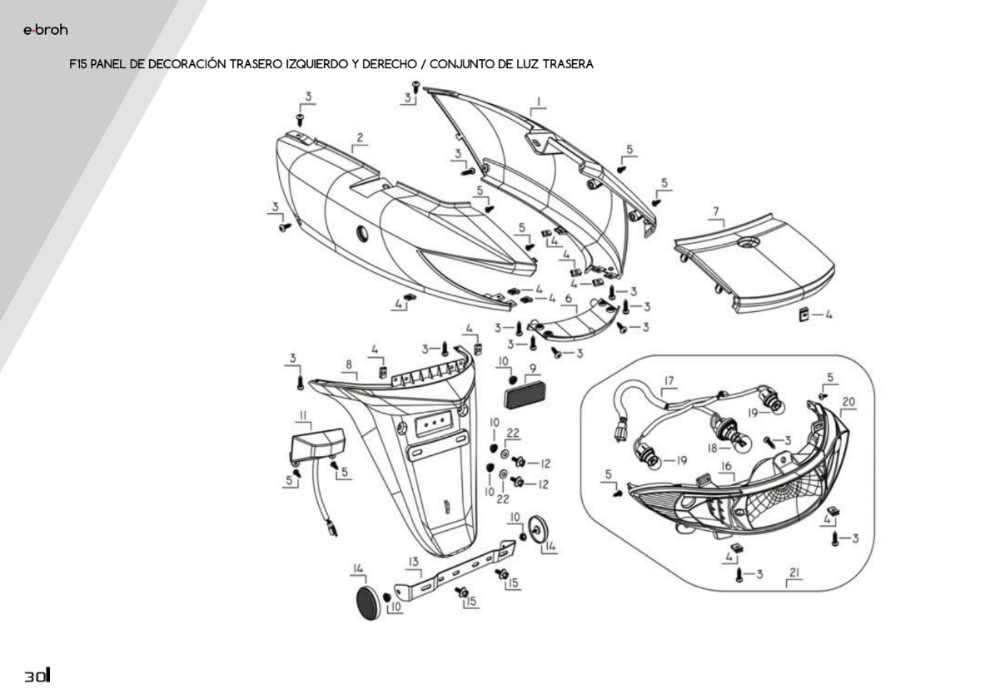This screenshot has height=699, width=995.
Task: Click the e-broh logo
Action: [45, 31]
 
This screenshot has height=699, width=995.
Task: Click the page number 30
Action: [37, 677]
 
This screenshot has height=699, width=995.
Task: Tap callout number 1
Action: [539, 102]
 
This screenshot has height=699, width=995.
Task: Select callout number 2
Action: [360, 137]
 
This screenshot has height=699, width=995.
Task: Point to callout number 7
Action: [715, 211]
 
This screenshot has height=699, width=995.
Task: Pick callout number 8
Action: [348, 365]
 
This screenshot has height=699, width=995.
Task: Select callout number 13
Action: [412, 561]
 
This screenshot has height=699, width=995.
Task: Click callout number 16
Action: [726, 468]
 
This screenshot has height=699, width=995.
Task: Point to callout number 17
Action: [668, 382]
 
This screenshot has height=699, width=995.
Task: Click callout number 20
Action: [848, 401]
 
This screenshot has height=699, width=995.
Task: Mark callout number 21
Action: [794, 573]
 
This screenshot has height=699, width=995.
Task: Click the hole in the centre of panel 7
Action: [747, 242]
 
